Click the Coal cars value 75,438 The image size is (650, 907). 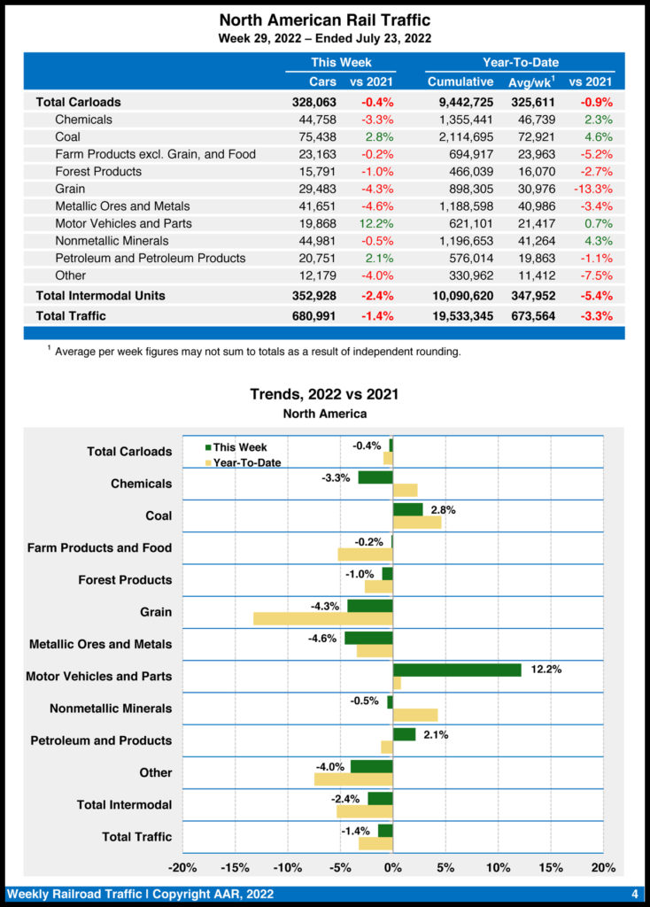[317, 136]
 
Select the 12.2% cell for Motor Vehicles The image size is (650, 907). [375, 223]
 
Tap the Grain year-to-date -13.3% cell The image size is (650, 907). [591, 189]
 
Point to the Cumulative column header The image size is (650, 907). [460, 81]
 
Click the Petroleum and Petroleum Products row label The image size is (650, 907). [150, 258]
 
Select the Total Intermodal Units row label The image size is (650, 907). [100, 295]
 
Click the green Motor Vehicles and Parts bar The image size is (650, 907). [457, 670]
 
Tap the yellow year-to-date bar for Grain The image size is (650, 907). [322, 618]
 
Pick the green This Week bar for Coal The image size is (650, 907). [407, 509]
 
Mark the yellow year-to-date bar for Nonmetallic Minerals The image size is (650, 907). [414, 715]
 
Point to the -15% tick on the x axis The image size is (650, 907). [235, 867]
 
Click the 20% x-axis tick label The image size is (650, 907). [603, 867]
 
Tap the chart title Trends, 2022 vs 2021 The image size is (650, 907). [324, 395]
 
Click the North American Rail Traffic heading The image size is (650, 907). [324, 19]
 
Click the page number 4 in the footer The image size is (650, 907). [634, 894]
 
